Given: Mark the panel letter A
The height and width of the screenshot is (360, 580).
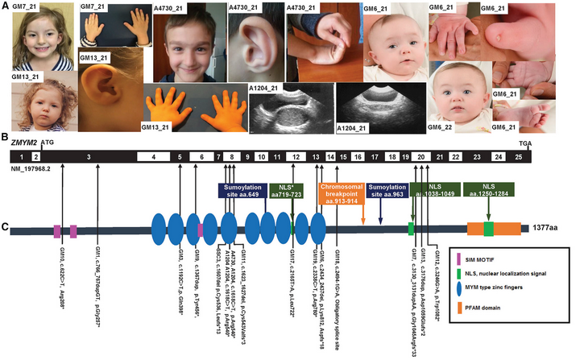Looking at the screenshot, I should (x=6, y=6).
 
